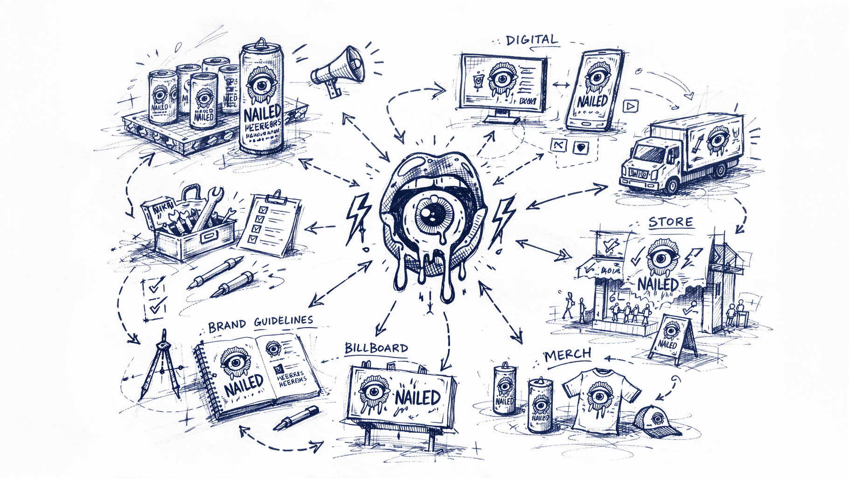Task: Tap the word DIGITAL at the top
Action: (532, 40)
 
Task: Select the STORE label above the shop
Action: (670, 222)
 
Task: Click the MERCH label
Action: (568, 355)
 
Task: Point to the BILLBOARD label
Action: (376, 348)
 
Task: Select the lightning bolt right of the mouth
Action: (504, 217)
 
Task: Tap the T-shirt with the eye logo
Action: (595, 397)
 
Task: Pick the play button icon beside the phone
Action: (630, 106)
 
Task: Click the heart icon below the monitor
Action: (580, 148)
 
